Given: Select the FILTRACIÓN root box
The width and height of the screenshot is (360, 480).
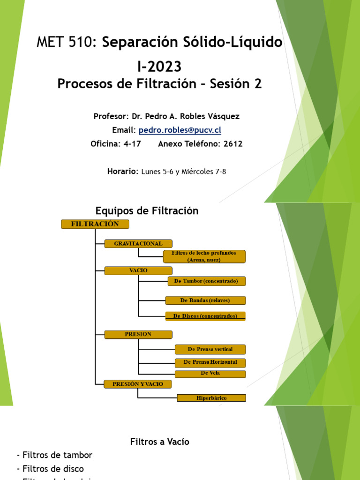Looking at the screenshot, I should point(95,224).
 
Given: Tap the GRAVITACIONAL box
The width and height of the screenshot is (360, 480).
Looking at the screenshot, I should point(138,244).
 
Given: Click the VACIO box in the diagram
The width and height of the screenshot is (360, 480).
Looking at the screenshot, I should point(138,270).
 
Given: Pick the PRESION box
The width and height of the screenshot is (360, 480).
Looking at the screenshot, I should point(138,334).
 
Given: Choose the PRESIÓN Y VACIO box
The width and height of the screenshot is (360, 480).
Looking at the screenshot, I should point(138,384).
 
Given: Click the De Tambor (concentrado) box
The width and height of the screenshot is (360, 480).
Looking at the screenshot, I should point(206,281).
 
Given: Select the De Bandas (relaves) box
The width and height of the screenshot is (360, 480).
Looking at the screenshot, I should point(205,300).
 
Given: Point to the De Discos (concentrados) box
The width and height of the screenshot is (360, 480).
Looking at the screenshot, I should point(205,316).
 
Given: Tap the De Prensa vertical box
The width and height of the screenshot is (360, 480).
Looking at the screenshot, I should point(210,350).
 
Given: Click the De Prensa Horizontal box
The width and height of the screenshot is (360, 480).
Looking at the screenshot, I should point(210,362).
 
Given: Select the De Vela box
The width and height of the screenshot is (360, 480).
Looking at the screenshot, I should point(210,374).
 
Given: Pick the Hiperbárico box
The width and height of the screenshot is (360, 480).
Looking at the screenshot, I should point(211,398).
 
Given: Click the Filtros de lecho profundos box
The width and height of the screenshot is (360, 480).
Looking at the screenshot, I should point(204,256).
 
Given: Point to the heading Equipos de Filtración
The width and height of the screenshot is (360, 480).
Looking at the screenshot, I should point(147,211).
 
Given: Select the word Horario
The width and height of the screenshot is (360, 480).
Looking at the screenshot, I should point(122,172).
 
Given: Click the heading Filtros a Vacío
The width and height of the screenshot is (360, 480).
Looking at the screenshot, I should point(159,442).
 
